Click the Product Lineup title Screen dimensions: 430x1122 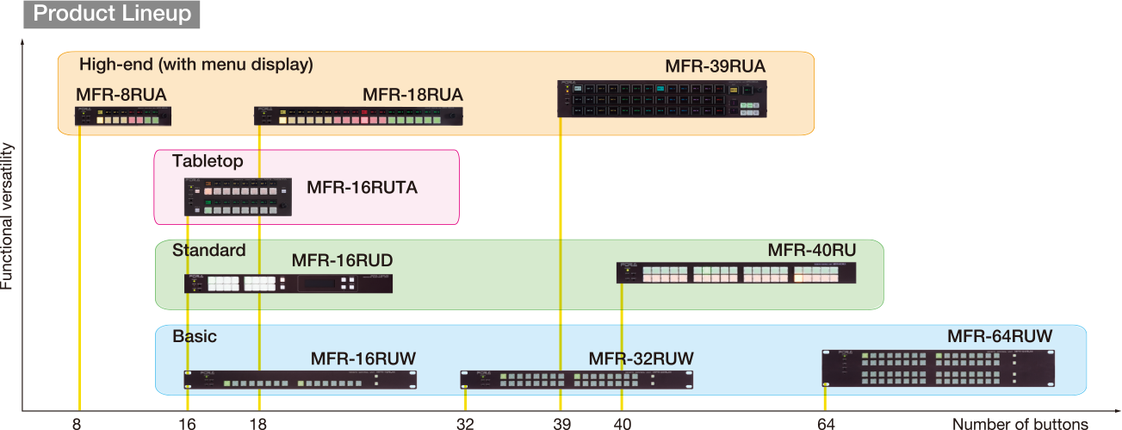point(112,15)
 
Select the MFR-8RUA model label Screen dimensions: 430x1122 point(121,94)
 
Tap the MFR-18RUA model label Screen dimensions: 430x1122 point(412,94)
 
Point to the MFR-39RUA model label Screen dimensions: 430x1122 point(715,65)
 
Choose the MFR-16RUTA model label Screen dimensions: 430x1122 point(362,187)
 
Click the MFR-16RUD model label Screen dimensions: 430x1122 point(342,260)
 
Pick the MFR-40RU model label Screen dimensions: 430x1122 point(811,251)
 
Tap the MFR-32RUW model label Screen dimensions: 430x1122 point(641,358)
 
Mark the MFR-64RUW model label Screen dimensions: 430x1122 point(1000,336)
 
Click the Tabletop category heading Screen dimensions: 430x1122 point(208,161)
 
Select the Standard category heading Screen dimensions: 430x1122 point(208,251)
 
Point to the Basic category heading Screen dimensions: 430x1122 point(195,336)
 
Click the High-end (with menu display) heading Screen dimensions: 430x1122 point(196,65)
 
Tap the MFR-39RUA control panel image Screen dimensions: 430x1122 point(662,98)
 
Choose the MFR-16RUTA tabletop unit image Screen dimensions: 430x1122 point(238,197)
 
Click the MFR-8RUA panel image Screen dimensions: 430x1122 point(124,115)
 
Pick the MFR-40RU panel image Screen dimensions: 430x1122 point(736,273)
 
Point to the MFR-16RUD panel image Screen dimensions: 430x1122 point(288,284)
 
